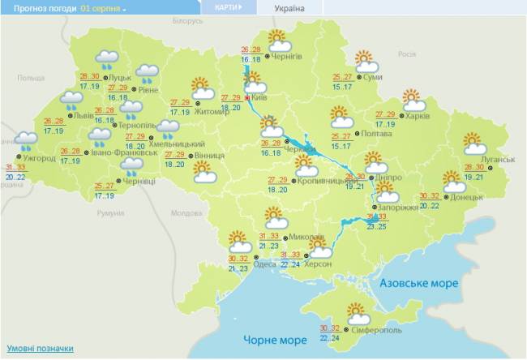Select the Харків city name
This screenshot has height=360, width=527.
pyautogui.click(x=418, y=116)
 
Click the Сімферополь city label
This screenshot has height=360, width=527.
pyautogui.click(x=376, y=331)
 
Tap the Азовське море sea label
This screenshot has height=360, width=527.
pyautogui.click(x=419, y=284)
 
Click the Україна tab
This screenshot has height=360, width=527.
pyautogui.click(x=289, y=8)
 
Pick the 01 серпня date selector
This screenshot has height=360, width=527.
pyautogui.click(x=103, y=8)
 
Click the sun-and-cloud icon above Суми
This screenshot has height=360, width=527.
pyautogui.click(x=366, y=61)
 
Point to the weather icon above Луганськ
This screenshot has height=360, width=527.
pyautogui.click(x=475, y=144)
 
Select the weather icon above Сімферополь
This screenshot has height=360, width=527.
pyautogui.click(x=357, y=312)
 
